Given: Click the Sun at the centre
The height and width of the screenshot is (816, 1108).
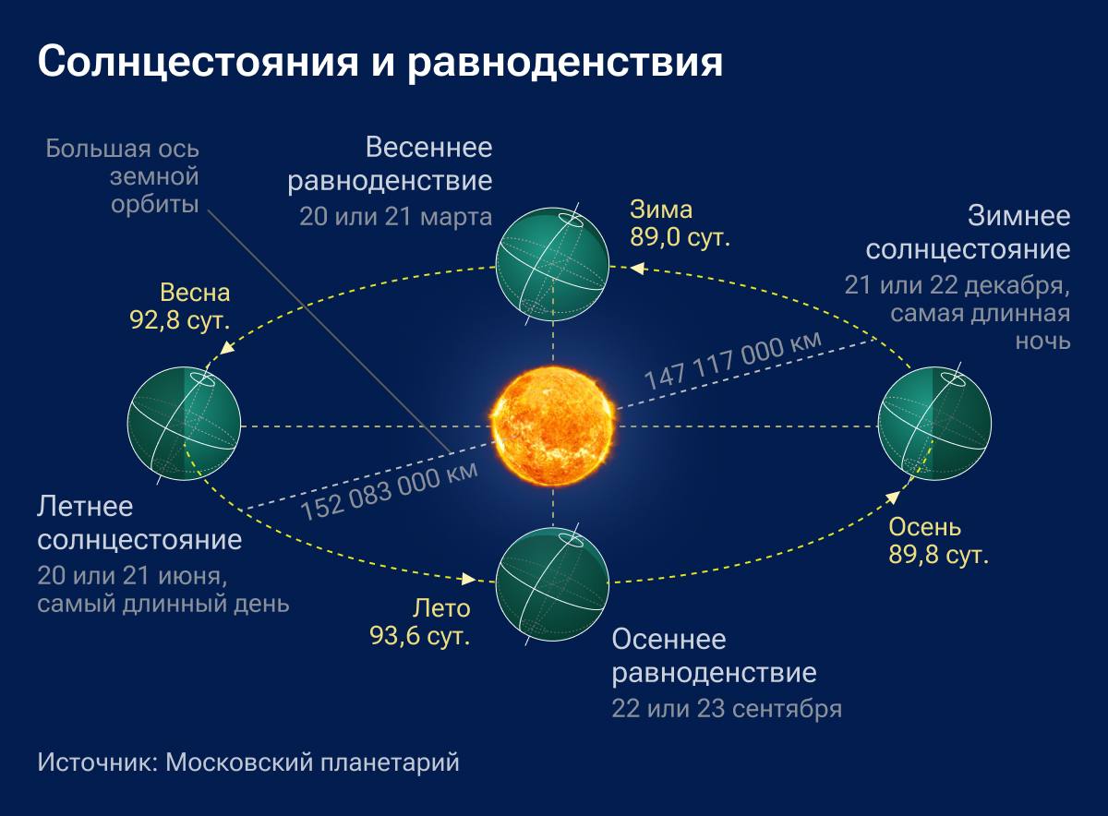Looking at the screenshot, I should click(553, 426).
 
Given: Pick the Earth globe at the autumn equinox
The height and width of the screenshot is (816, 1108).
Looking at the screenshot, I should click(552, 582).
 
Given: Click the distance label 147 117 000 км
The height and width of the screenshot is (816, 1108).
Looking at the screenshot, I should click(732, 363).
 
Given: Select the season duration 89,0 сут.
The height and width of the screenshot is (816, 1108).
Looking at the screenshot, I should click(680, 236).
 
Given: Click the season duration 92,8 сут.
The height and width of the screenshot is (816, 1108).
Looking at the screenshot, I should click(180, 320).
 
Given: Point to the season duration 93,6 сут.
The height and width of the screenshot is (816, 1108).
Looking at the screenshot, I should click(420, 635).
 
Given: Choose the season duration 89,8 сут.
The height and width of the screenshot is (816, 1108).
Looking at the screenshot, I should click(939, 556).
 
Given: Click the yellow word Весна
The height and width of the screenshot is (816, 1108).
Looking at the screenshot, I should click(195, 294).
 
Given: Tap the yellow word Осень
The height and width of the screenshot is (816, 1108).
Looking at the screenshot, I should click(924, 528).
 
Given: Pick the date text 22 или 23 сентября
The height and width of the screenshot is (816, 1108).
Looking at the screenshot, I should click(726, 709).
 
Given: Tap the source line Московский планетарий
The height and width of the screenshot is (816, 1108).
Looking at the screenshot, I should click(313, 763).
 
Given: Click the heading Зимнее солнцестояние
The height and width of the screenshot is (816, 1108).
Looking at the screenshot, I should click(969, 234).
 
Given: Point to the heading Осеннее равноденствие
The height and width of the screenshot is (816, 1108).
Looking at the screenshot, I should click(714, 655).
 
